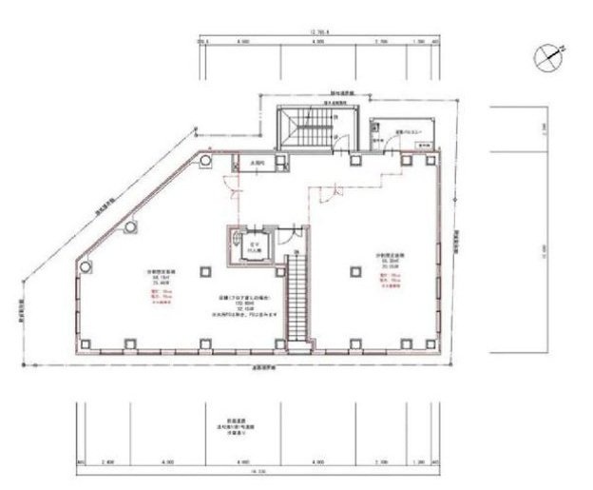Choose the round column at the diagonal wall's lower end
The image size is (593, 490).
coord(87,266)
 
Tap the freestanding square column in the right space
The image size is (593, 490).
coord(354,271)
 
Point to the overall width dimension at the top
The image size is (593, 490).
coord(317,32)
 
